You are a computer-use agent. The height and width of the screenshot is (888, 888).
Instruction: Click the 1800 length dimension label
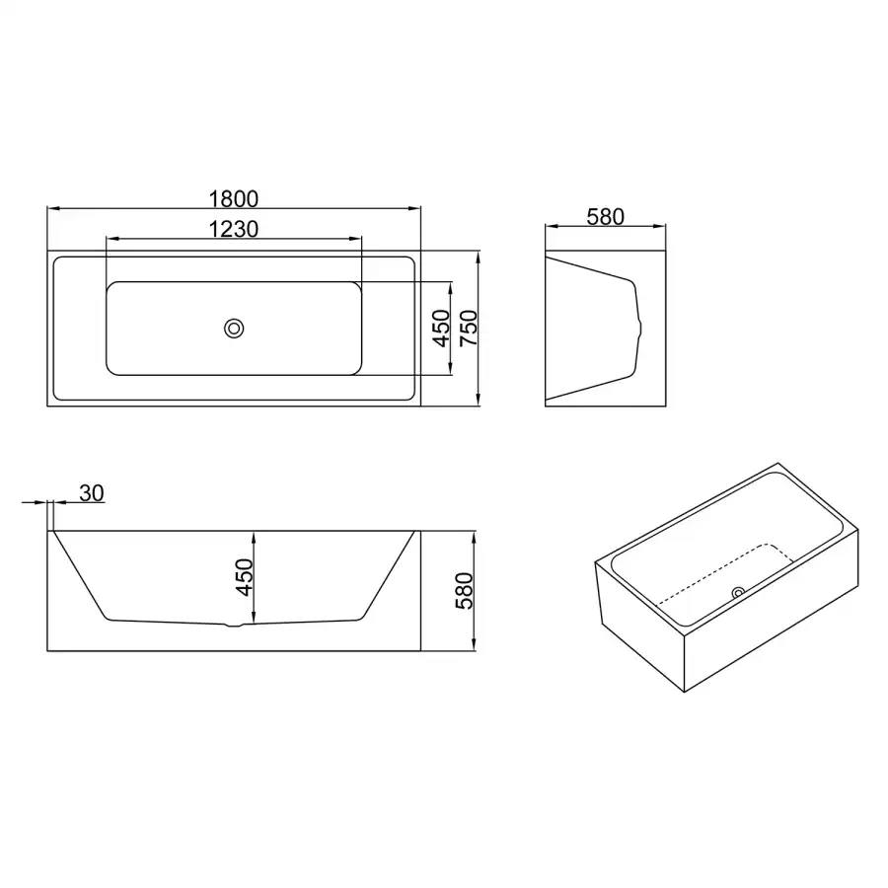(233, 198)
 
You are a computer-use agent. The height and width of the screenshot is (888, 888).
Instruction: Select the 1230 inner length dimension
(233, 229)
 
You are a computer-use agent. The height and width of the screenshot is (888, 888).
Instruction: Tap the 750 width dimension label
(469, 329)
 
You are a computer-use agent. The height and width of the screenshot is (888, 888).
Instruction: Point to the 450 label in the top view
(441, 329)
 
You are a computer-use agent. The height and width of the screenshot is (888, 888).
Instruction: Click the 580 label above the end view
(606, 216)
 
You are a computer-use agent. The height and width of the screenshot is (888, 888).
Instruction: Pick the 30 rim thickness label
(91, 493)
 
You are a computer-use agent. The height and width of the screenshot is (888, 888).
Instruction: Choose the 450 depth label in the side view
(244, 577)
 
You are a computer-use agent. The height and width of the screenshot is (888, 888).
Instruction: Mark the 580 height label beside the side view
(465, 591)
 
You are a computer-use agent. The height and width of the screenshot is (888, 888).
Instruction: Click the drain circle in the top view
(234, 329)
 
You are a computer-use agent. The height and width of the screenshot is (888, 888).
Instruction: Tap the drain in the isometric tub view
(738, 593)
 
